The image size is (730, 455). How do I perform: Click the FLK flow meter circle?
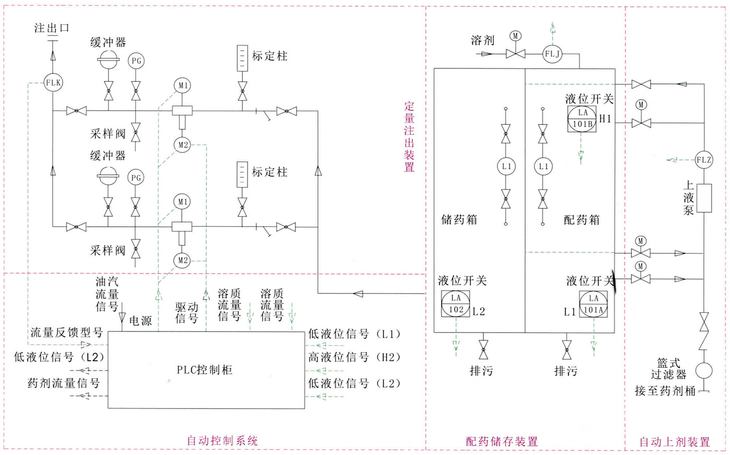(53, 83)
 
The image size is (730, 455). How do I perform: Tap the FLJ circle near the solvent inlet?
(552, 54)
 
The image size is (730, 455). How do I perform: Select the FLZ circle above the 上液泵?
(703, 160)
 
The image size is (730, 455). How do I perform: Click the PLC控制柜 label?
(204, 371)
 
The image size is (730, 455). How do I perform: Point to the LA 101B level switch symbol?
(582, 118)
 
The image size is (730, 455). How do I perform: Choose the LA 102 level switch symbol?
(456, 304)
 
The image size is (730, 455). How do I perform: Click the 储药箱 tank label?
(459, 219)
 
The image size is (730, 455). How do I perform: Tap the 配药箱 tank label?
(581, 219)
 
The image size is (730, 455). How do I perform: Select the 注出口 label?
(52, 28)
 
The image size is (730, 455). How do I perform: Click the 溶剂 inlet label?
(482, 40)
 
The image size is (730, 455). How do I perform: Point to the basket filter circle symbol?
(703, 371)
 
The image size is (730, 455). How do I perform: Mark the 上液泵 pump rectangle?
(704, 198)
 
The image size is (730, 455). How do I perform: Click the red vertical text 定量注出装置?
(409, 137)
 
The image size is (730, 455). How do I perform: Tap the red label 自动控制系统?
(222, 440)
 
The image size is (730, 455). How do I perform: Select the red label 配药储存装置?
(502, 441)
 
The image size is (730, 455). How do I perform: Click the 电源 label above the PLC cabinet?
(140, 321)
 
